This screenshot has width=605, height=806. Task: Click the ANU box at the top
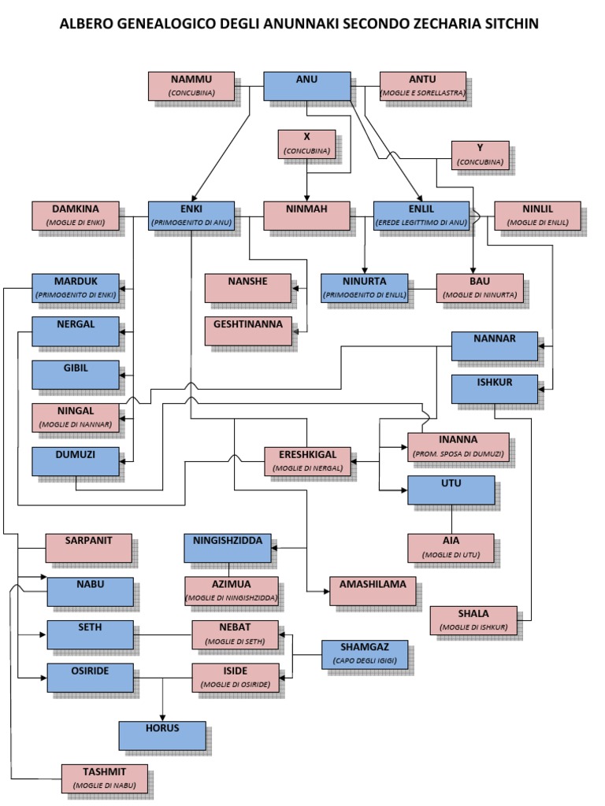point(306,86)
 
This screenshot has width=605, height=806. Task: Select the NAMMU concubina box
point(191,86)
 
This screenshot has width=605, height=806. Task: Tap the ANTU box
point(422,86)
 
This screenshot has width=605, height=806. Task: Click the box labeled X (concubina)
point(306,143)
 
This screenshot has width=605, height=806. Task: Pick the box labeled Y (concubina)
point(480,154)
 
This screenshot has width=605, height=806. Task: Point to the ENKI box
point(191,215)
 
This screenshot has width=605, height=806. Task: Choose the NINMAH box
point(306,215)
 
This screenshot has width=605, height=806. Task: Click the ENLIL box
point(421,215)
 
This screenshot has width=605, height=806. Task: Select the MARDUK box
point(75,287)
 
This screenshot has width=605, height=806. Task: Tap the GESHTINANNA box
point(248,331)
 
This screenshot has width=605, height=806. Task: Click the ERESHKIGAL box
point(306,460)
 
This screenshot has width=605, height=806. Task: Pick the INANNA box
point(458,446)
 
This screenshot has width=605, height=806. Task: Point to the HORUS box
point(162,735)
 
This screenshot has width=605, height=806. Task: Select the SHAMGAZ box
point(364,653)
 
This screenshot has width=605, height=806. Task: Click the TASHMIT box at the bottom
point(105,778)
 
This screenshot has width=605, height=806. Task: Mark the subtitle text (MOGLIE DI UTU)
point(451,555)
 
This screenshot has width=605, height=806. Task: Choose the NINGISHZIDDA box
point(228,547)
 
